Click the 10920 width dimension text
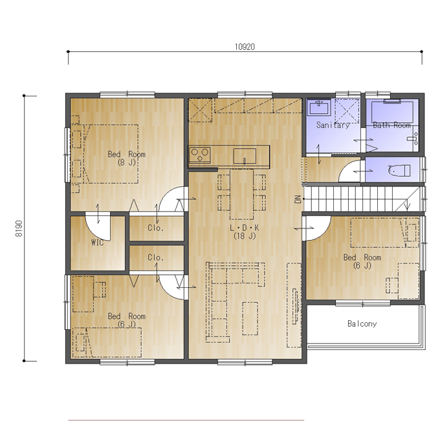pos(245,47)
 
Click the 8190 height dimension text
pos(19,228)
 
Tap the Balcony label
pos(362,324)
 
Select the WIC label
pos(97,243)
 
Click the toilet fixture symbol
pos(399,171)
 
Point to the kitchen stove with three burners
pos(199,155)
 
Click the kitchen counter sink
pos(245,156)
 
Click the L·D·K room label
pos(245,232)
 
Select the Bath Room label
pos(391,125)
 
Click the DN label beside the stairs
pos(298,199)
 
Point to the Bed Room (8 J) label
pos(127,158)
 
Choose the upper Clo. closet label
pos(156,228)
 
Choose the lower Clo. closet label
pos(156,258)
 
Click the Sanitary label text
pos(333,125)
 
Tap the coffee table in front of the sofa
pos(250,318)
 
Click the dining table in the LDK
pos(241,194)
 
